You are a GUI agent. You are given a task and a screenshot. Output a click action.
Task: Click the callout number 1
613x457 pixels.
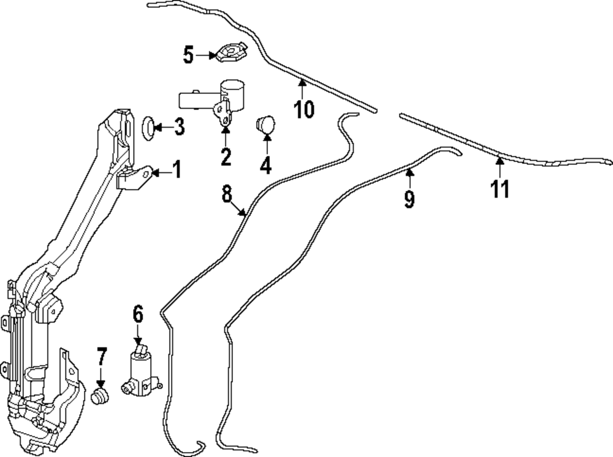click(x=176, y=170)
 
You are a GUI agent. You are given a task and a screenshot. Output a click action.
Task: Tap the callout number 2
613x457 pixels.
click(x=226, y=157)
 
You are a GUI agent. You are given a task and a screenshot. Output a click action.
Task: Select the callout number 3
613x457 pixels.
click(x=178, y=128)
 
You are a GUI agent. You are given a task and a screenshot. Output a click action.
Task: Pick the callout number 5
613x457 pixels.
click(x=188, y=55)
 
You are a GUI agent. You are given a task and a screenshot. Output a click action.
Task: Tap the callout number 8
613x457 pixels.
click(x=227, y=195)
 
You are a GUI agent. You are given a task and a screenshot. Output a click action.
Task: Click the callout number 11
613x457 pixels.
click(x=500, y=189)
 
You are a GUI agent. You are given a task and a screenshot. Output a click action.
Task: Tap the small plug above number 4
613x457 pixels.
click(x=265, y=124)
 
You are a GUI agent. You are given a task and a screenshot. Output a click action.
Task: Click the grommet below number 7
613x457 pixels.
click(x=100, y=396)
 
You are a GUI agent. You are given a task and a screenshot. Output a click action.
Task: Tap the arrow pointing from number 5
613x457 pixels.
click(x=205, y=55)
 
